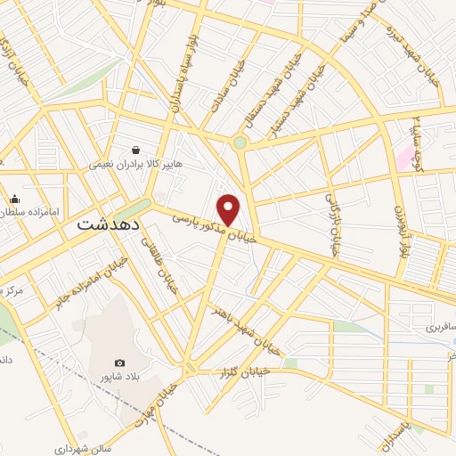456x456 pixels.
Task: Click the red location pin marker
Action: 229,209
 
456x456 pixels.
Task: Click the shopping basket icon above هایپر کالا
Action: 136,150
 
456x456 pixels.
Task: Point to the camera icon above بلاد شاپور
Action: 120,362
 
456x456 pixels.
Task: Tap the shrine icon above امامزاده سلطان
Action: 15,199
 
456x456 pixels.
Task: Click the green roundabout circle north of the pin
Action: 240,142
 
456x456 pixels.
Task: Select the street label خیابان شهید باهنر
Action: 244,329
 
